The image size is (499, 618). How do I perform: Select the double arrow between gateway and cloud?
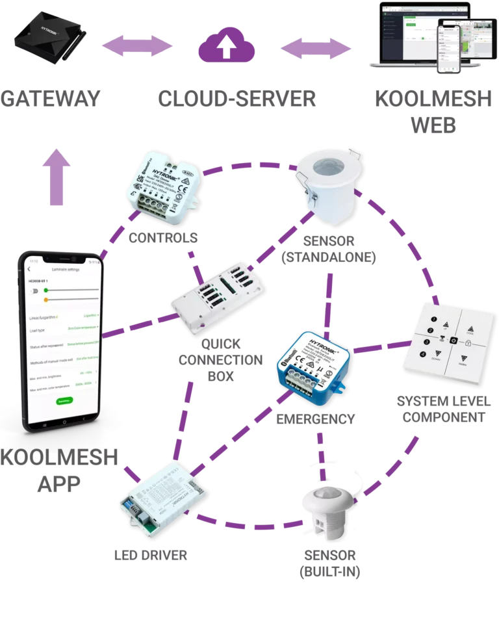point(138,47)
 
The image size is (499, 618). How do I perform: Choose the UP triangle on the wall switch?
point(445,323)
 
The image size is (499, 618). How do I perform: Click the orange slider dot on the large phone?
point(47,300)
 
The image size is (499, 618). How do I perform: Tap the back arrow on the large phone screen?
point(29,268)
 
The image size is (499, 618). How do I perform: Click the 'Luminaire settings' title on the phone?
point(66,268)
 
